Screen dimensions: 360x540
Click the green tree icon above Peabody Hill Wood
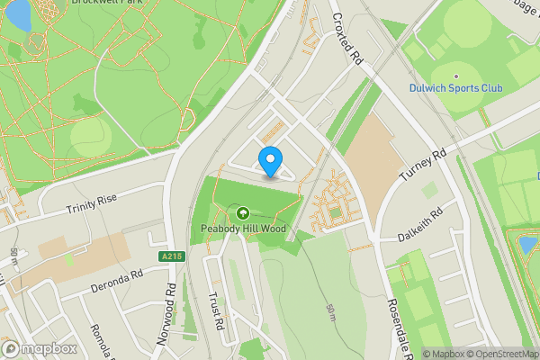242,213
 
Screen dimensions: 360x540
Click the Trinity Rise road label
92,206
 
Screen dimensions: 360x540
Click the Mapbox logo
39,347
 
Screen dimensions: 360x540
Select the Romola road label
102,340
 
